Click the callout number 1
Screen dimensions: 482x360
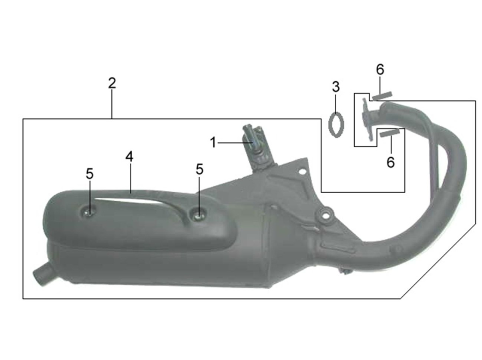point(213,142)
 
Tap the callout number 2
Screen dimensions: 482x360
point(112,83)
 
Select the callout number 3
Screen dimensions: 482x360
point(336,87)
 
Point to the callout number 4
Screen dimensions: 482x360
point(129,157)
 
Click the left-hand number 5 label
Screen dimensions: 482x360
point(90,174)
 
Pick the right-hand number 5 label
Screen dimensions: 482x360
point(199,169)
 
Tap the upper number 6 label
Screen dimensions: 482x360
point(380,70)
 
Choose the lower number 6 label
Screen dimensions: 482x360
point(391,162)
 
